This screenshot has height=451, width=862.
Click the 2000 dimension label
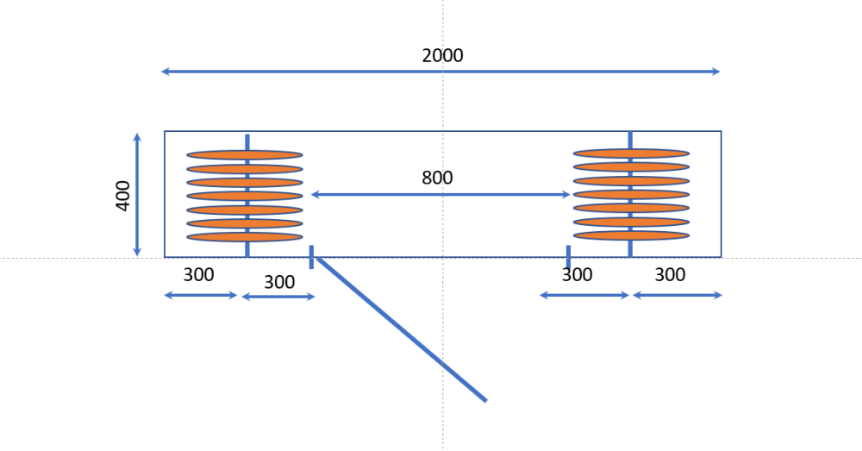point(442,55)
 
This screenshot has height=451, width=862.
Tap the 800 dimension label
point(437,178)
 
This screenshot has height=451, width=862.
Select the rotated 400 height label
point(123,195)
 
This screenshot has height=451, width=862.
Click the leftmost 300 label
point(198,274)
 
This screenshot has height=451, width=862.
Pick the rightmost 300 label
point(670,274)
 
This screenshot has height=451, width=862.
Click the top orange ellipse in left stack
point(245,155)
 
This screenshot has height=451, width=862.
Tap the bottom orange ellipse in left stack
point(245,237)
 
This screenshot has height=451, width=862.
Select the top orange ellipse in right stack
point(631,153)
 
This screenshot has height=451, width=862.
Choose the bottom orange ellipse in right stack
point(631,235)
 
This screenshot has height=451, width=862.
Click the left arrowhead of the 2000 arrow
point(165,72)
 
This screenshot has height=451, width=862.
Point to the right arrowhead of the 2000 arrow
point(716,72)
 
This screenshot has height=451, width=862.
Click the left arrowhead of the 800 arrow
point(315,194)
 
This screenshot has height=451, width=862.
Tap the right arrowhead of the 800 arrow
point(567,194)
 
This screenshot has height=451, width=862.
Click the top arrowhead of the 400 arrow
point(137,136)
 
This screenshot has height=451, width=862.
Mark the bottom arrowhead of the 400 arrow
point(137,253)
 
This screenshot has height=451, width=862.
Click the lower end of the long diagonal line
point(486,400)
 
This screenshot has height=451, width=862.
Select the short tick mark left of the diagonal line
point(311,257)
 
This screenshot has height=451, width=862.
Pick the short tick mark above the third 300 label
point(568,257)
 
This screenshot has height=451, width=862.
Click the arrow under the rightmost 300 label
point(678,296)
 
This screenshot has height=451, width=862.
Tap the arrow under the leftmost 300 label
point(201,296)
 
